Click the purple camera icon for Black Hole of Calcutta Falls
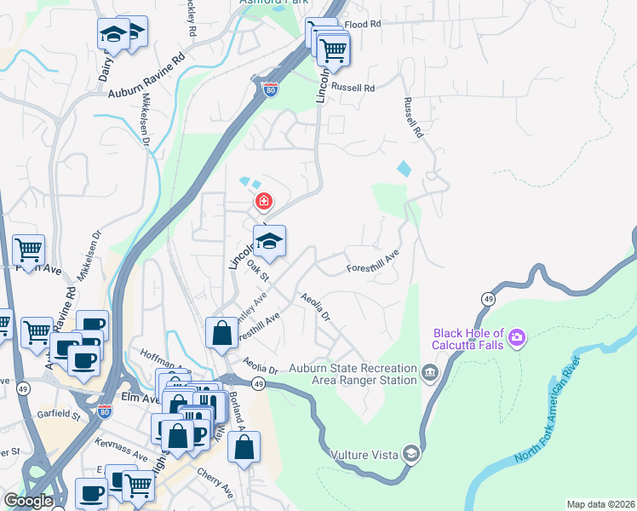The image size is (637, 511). click(516, 340)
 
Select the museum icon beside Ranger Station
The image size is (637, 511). click(429, 371)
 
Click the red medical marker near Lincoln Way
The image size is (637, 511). click(264, 202)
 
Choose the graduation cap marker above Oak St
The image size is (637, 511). click(269, 242)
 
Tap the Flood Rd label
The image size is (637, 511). click(362, 25)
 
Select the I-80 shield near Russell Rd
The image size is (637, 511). click(270, 89)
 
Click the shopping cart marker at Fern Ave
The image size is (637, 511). click(28, 251)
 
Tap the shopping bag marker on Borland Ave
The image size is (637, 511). click(244, 448)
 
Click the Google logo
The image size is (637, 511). click(28, 501)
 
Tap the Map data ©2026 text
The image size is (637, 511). click(600, 504)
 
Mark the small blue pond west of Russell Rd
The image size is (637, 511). click(404, 169)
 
